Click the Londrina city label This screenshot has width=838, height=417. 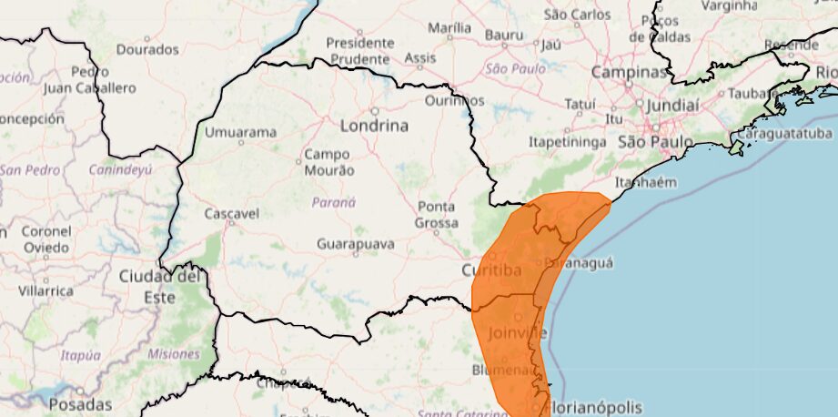pyautogui.click(x=374, y=126)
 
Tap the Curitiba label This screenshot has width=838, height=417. pyautogui.click(x=491, y=270)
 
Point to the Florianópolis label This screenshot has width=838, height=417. pyautogui.click(x=596, y=407)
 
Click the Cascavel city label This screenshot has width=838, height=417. pyautogui.click(x=231, y=214)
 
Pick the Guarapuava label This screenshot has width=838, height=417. pyautogui.click(x=356, y=244)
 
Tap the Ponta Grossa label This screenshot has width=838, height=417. pyautogui.click(x=436, y=215)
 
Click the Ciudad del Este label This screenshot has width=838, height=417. pyautogui.click(x=159, y=286)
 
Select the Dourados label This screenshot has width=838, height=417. pyautogui.click(x=146, y=49)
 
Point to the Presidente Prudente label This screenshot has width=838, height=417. pyautogui.click(x=360, y=51)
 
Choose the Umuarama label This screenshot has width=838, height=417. pyautogui.click(x=240, y=132)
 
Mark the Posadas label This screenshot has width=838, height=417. pyautogui.click(x=80, y=404)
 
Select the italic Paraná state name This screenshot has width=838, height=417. pyautogui.click(x=333, y=202)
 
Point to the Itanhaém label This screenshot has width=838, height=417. pyautogui.click(x=646, y=182)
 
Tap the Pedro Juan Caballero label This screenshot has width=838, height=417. pyautogui.click(x=91, y=80)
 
